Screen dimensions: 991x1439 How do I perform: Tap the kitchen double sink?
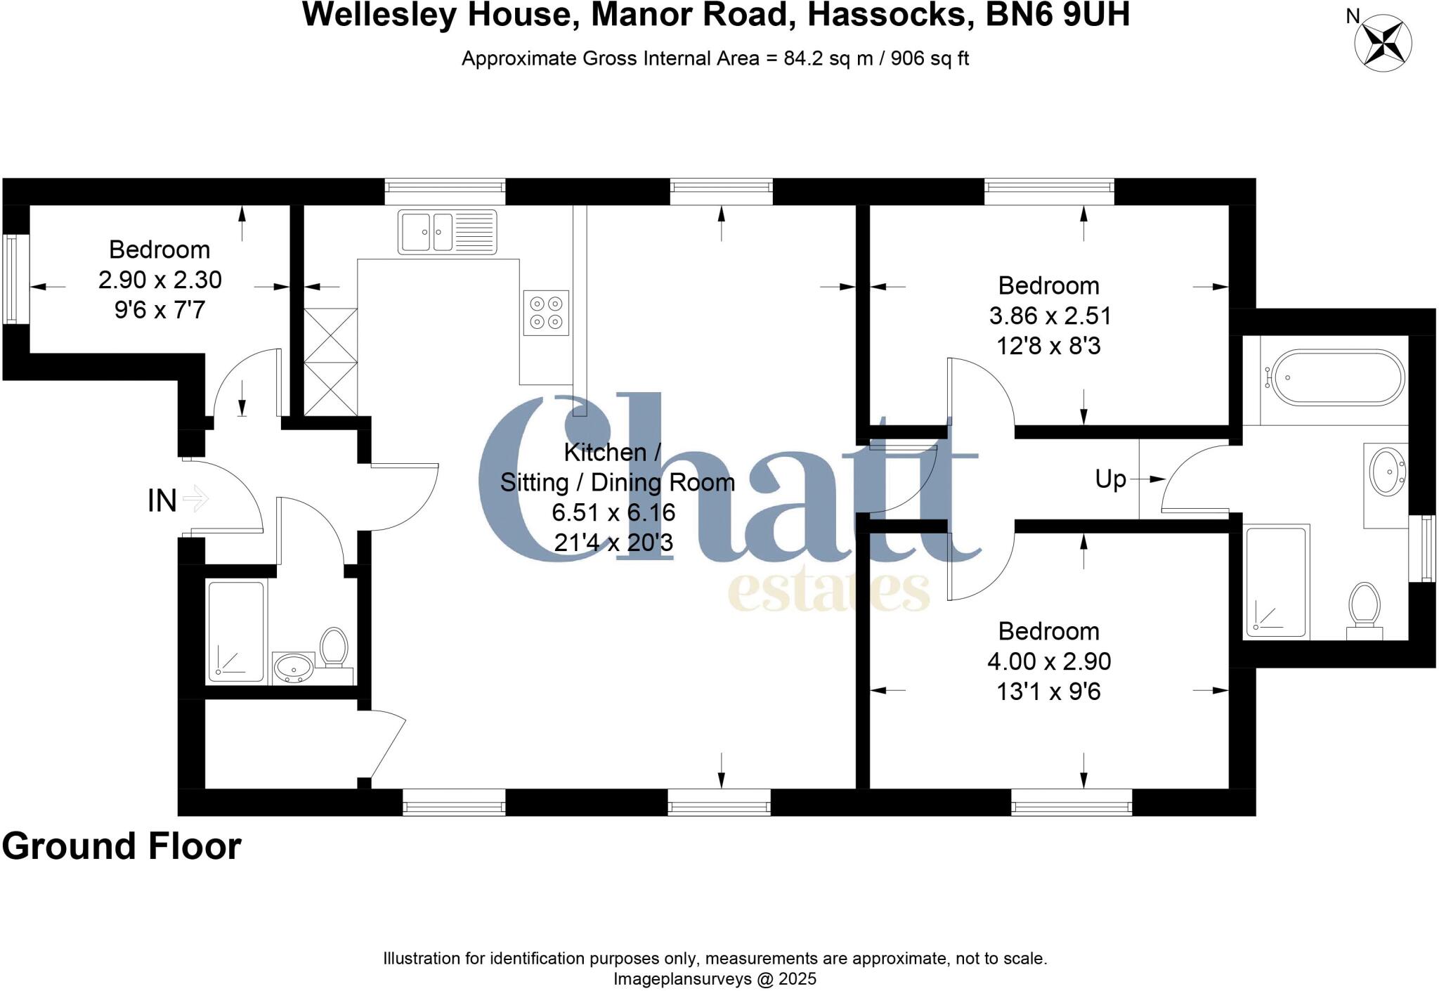click(x=447, y=231)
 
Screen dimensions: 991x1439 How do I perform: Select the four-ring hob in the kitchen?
click(x=546, y=313)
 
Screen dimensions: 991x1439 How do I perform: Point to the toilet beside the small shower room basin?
click(x=333, y=647)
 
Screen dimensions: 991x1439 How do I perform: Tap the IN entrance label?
click(x=162, y=500)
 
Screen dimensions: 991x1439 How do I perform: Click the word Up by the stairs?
click(x=1110, y=479)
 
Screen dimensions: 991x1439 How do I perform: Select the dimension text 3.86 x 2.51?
click(x=1050, y=316)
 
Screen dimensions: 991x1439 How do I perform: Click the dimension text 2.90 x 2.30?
click(x=159, y=280)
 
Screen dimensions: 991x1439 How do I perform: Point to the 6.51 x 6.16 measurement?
click(x=613, y=512)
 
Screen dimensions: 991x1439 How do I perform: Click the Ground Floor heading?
click(x=122, y=846)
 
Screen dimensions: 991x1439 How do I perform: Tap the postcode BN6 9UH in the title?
click(x=1057, y=15)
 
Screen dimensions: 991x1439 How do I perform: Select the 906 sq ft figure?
click(x=930, y=58)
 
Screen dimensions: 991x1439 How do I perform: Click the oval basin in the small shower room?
click(x=293, y=667)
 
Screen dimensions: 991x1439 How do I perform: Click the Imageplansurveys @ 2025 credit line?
click(x=715, y=979)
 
